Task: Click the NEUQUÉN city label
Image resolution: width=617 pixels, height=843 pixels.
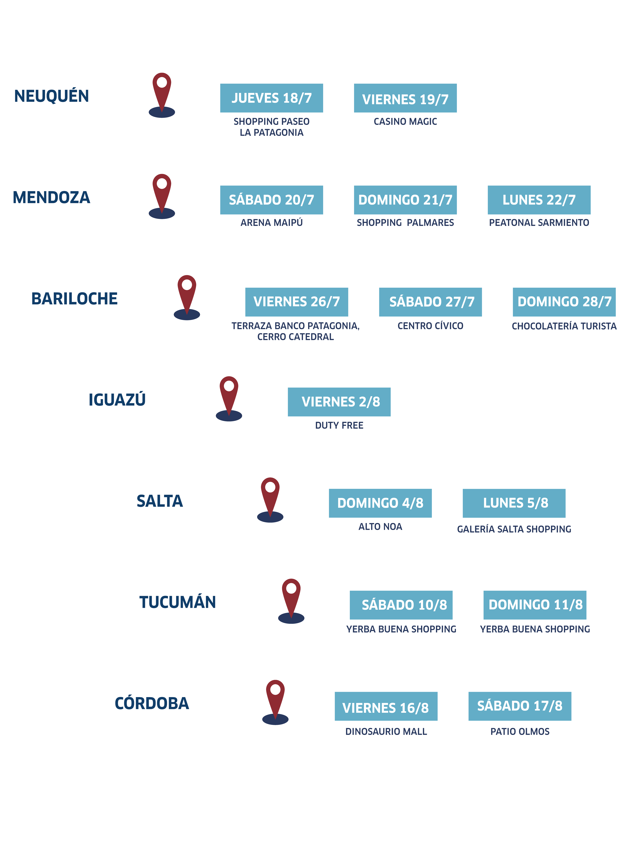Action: [52, 96]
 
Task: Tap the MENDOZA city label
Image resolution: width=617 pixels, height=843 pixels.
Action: [52, 197]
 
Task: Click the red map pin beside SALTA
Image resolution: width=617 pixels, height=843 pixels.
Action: [270, 494]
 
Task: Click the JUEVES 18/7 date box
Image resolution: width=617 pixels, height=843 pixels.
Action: [272, 98]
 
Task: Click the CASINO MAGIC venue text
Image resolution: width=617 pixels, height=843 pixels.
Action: [405, 121]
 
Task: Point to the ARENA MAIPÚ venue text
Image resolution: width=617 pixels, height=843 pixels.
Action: [272, 223]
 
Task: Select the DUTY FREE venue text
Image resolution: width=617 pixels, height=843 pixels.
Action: [339, 425]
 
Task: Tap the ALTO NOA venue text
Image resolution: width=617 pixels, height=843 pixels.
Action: [380, 527]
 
